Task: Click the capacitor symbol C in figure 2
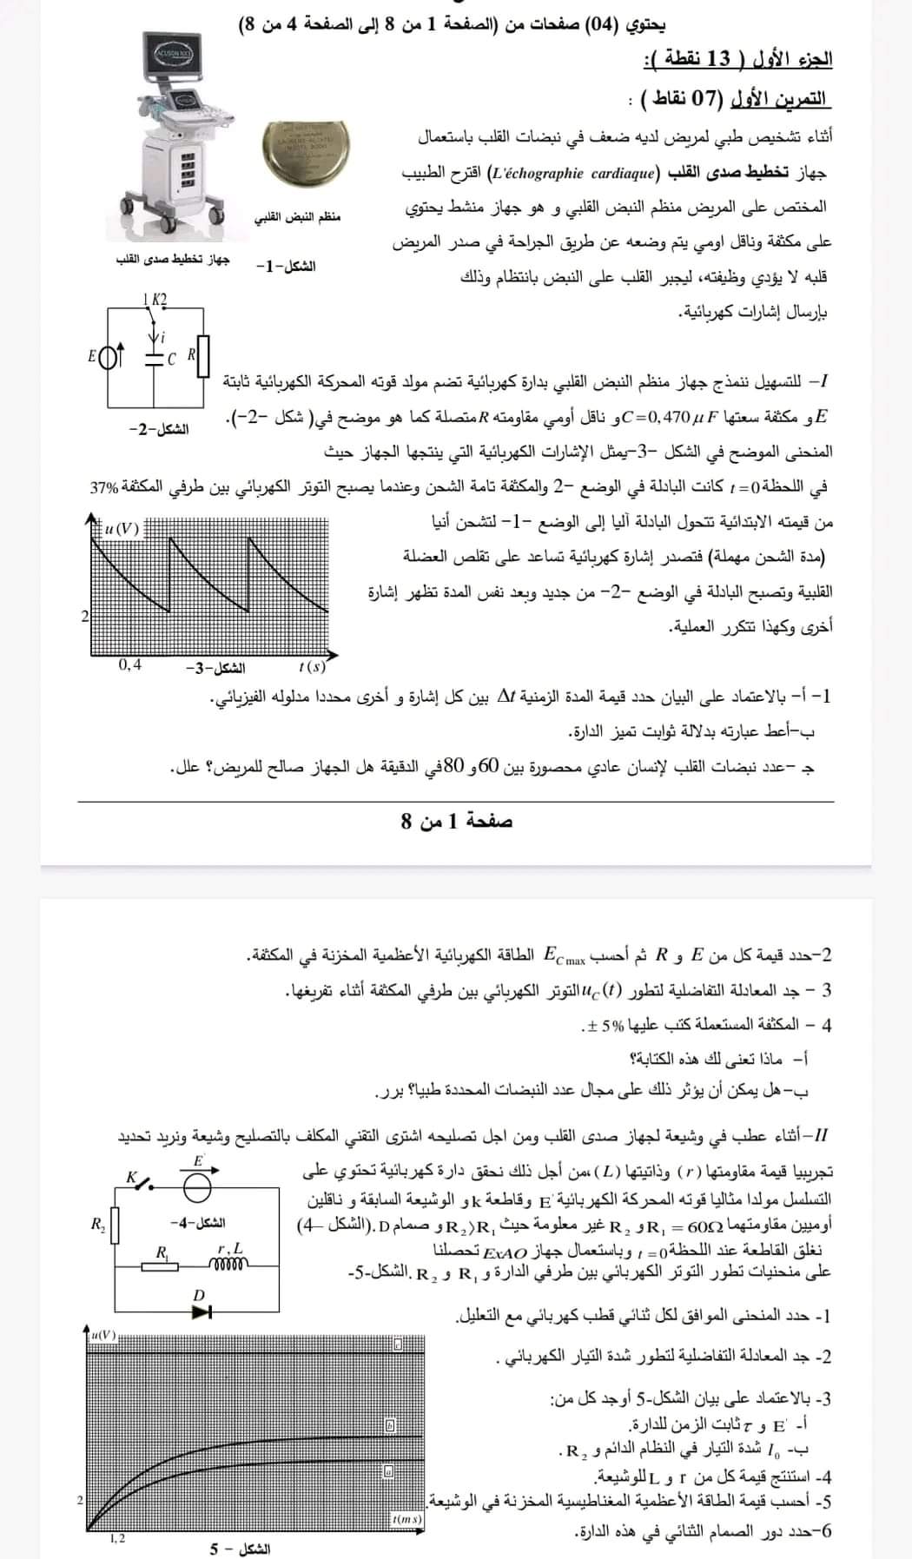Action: pyautogui.click(x=155, y=357)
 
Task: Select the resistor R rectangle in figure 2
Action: pyautogui.click(x=202, y=357)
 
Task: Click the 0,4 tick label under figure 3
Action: pyautogui.click(x=130, y=665)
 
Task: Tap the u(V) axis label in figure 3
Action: pyautogui.click(x=121, y=527)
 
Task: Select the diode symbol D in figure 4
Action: pyautogui.click(x=202, y=1311)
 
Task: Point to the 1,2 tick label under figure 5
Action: pyautogui.click(x=116, y=1538)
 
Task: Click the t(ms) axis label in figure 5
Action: pyautogui.click(x=406, y=1519)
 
